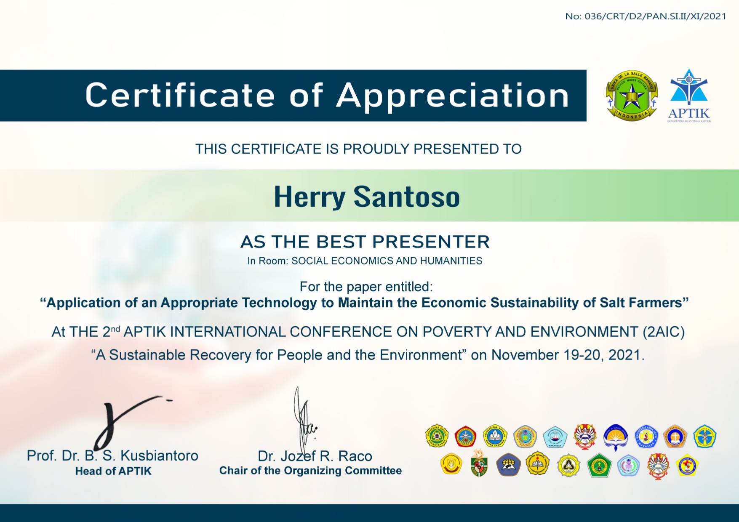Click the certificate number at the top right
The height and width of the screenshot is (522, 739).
(645, 16)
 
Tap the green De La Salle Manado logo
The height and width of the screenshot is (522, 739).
(631, 96)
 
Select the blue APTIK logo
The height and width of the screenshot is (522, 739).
(689, 96)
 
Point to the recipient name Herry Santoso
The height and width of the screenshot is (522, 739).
(366, 197)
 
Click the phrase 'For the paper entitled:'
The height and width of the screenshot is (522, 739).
(366, 287)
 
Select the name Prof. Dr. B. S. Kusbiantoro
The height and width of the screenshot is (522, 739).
(112, 455)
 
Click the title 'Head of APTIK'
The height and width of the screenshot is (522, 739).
(113, 471)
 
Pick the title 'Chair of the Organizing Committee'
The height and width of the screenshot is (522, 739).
(310, 471)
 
